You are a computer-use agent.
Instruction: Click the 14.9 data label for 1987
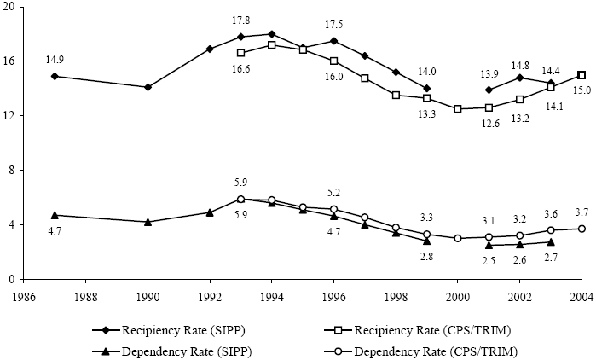[55, 59]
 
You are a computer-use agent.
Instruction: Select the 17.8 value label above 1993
[240, 20]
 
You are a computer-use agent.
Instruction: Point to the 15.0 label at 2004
[582, 90]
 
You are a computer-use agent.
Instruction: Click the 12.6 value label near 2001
[489, 124]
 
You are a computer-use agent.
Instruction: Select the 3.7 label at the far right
[582, 212]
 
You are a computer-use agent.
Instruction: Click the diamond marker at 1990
[148, 87]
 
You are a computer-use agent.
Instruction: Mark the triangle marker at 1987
[55, 215]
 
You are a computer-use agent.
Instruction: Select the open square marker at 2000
[458, 109]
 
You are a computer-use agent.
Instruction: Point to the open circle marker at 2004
[582, 229]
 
